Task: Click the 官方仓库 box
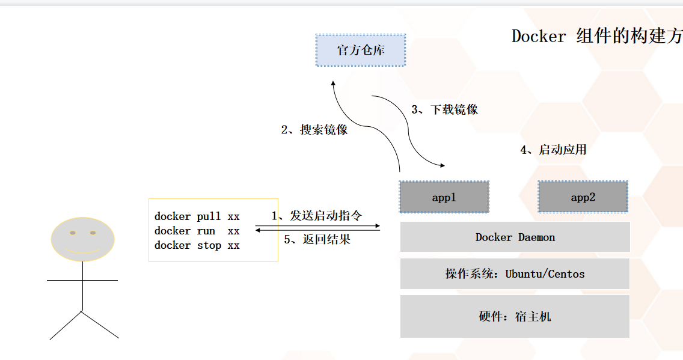pos(361,50)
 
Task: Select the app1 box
pos(444,197)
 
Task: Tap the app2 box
pos(583,197)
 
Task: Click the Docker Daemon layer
pos(515,237)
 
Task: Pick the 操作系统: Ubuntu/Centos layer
pos(515,274)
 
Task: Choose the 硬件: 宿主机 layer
pos(515,316)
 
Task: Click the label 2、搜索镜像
pos(314,130)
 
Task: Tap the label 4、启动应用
pos(553,150)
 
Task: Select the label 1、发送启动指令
pos(317,216)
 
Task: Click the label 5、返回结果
pos(317,239)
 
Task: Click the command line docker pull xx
pos(197,216)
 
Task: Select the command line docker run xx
pos(197,231)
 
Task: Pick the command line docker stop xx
pos(197,245)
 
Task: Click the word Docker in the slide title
pos(539,36)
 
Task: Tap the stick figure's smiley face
pos(82,239)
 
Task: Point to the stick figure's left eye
pos(73,232)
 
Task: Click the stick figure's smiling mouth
pos(82,249)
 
